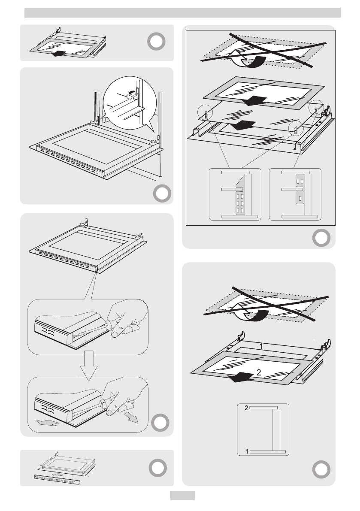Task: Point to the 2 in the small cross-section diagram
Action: pyautogui.click(x=246, y=408)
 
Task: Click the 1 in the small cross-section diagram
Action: pyautogui.click(x=246, y=451)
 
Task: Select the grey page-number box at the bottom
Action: pyautogui.click(x=183, y=495)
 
